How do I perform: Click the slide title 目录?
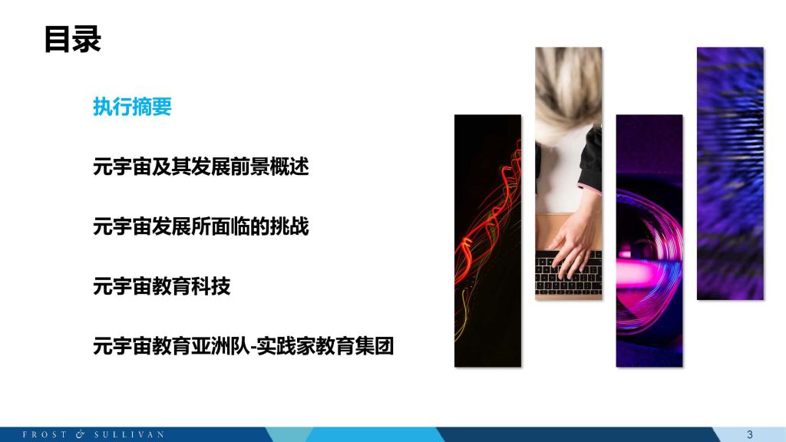point(73,39)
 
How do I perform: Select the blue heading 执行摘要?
point(132,107)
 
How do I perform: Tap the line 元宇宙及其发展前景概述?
point(200,167)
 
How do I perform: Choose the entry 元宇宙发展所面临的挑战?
point(200,226)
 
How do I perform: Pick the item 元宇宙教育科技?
point(161,286)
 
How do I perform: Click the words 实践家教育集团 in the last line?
point(325,346)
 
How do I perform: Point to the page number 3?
point(749,434)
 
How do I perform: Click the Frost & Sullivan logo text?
point(93,434)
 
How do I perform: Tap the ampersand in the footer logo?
point(80,434)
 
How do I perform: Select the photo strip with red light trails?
point(487,240)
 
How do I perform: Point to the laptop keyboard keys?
point(568,273)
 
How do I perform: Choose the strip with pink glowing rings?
point(649,240)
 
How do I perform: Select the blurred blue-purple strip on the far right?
point(731,173)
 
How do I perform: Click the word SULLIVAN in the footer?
point(129,434)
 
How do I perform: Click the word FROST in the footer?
point(45,434)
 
